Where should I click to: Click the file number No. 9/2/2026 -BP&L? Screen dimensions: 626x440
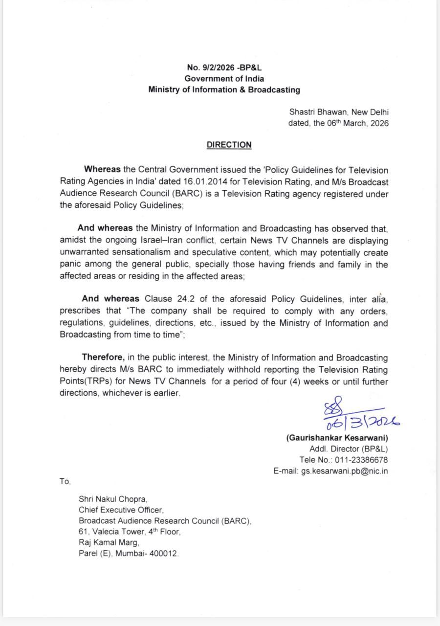[224, 68]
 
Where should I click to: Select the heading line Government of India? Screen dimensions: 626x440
[224, 79]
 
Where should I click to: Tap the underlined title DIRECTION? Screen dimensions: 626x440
[229, 145]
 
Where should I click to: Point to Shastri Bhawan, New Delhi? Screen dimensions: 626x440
[339, 112]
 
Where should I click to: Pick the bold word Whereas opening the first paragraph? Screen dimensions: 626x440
[102, 170]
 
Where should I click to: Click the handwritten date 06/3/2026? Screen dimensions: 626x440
[362, 421]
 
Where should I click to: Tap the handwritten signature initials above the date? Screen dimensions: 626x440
[334, 406]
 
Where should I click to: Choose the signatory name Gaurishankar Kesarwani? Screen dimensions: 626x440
[337, 438]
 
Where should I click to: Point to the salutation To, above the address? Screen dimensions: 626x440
[65, 481]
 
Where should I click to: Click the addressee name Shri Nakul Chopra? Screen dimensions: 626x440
[113, 499]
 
